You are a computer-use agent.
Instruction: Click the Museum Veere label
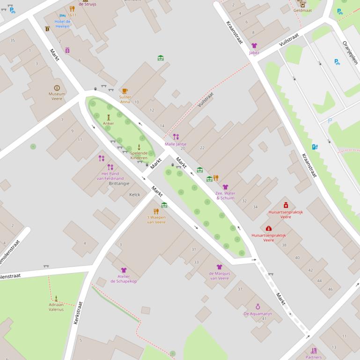[57, 96]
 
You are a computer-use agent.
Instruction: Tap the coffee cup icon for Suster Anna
[125, 91]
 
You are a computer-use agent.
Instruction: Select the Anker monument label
[108, 123]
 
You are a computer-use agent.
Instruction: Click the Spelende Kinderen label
[139, 155]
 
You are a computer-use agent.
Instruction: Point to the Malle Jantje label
[176, 144]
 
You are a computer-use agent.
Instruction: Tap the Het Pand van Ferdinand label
[110, 176]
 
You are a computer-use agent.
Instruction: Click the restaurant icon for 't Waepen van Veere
[156, 211]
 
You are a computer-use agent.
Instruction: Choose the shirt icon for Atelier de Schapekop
[124, 270]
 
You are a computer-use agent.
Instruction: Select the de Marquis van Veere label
[219, 275]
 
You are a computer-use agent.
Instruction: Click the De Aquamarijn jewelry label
[257, 314]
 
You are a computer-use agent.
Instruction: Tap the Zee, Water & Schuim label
[225, 195]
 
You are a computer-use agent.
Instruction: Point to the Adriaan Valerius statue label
[56, 307]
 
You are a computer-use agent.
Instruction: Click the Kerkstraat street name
[78, 313]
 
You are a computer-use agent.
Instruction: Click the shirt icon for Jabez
[254, 46]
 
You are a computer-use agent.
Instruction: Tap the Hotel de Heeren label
[62, 24]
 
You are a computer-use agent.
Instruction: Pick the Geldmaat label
[302, 10]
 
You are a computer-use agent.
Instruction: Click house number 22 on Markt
[202, 148]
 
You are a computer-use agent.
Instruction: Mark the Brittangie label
[119, 184]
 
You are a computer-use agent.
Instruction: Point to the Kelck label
[134, 194]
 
